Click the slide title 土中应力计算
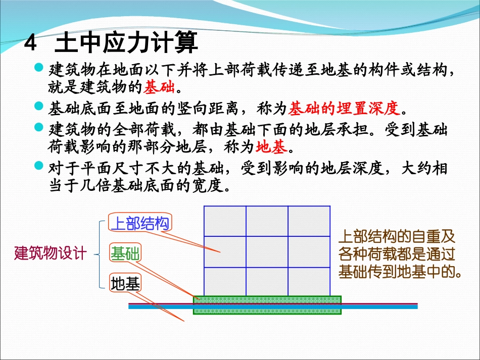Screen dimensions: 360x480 [126, 43]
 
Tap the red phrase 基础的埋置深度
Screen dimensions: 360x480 [344, 108]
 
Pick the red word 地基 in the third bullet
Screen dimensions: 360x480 [271, 147]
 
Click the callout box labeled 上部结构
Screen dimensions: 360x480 [140, 223]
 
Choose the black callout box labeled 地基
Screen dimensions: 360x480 [125, 284]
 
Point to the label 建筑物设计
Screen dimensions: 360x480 [51, 253]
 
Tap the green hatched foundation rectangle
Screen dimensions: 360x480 [267, 305]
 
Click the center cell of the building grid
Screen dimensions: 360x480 [267, 251]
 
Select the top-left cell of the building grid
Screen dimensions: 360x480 [224, 221]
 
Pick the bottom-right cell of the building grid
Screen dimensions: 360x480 [309, 281]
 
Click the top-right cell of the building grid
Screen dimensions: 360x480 [309, 221]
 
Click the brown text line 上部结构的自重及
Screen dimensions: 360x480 [397, 236]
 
